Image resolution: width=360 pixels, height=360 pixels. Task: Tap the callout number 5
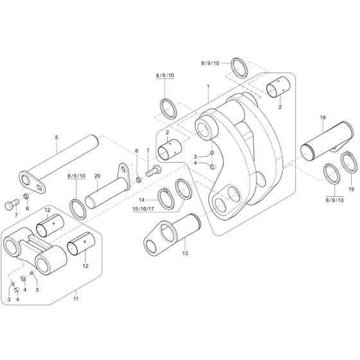56,138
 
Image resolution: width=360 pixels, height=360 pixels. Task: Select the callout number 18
323,118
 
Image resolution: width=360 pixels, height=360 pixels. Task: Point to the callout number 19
350,190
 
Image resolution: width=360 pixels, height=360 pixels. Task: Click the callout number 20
97,176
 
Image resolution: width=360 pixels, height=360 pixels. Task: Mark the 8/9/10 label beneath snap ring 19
336,200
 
